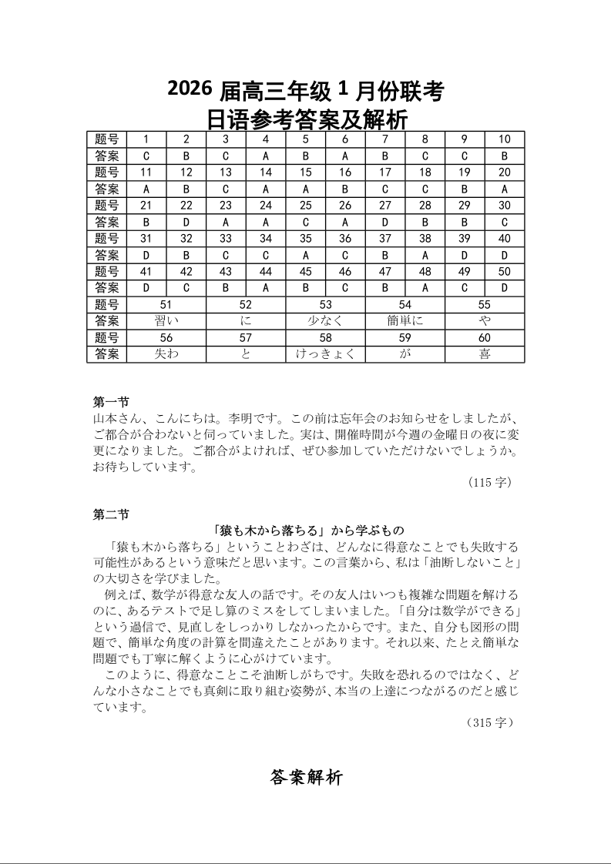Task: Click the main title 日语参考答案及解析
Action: [307, 120]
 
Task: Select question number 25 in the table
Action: [305, 206]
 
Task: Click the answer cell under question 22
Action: [186, 222]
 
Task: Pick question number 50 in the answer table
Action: [504, 272]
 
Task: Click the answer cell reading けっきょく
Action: [325, 354]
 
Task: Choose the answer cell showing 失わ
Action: [166, 354]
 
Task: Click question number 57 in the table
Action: [246, 338]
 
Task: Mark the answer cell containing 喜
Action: [485, 354]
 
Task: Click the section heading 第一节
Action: [110, 402]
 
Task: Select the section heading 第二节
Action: [110, 515]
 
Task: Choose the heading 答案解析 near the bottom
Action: [306, 778]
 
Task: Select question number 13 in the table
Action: [226, 172]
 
